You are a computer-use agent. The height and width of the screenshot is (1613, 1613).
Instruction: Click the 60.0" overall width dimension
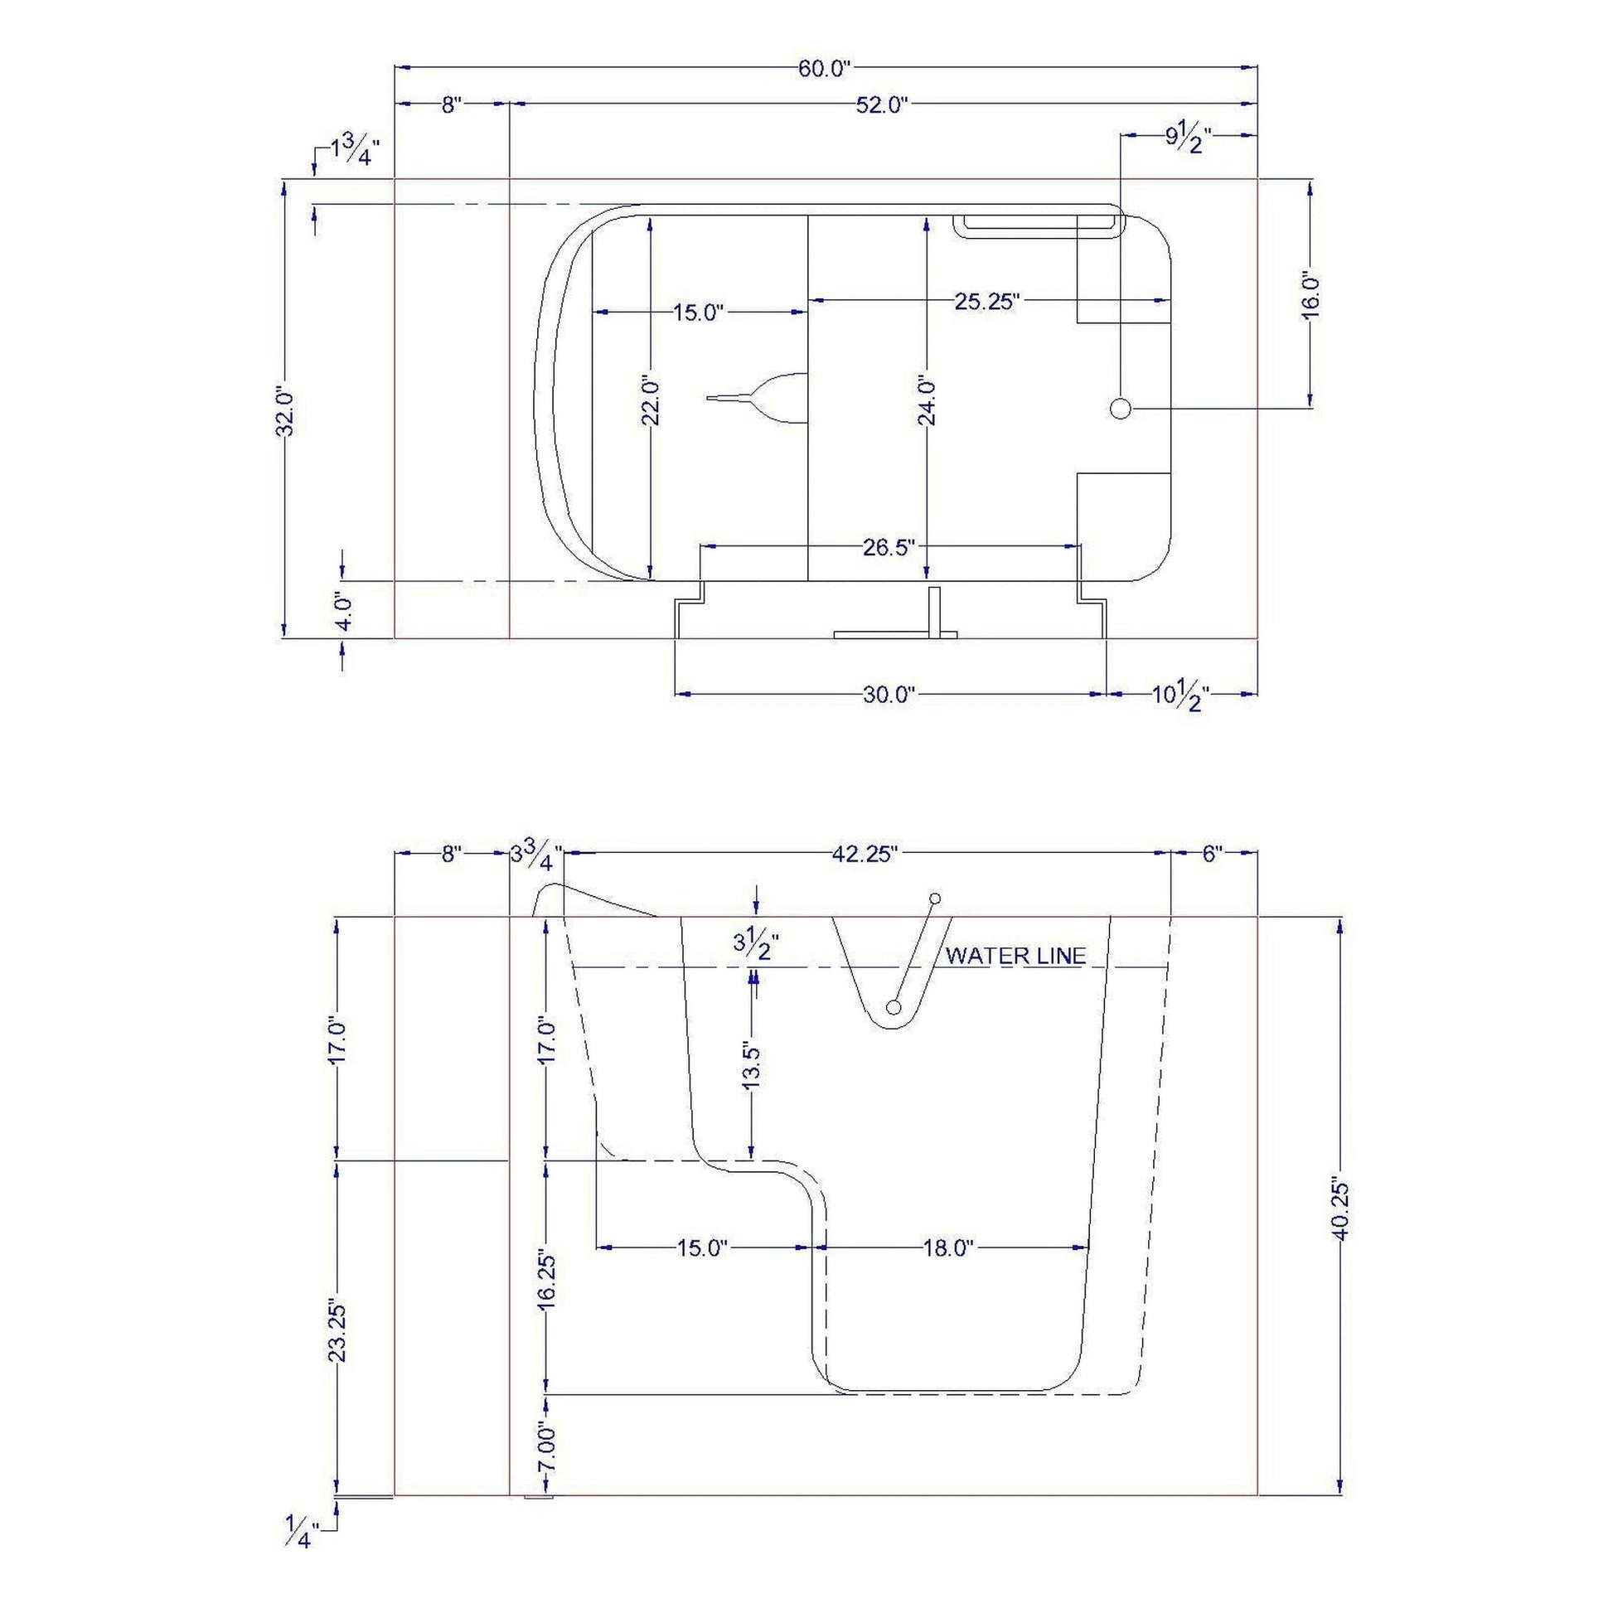[824, 69]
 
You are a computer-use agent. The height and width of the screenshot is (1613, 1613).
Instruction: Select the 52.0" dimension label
[882, 105]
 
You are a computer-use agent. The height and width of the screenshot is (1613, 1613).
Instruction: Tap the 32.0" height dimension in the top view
[285, 411]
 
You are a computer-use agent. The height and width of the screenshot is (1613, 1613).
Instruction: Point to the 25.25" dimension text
[988, 302]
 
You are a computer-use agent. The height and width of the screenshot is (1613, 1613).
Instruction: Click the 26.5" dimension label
[890, 547]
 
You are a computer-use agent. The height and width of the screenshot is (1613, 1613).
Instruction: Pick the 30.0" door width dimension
[890, 695]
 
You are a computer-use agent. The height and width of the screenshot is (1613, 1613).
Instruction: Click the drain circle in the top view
[1121, 409]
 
